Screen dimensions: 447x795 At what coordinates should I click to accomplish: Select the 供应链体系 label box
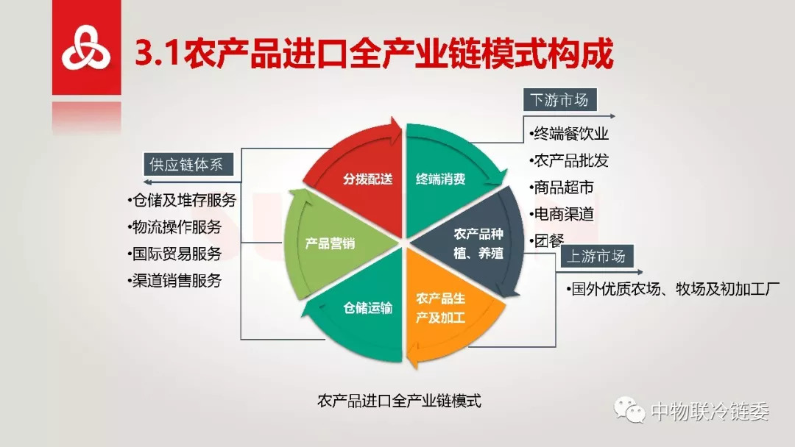click(185, 165)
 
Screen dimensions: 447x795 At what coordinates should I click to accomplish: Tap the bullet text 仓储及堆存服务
click(182, 201)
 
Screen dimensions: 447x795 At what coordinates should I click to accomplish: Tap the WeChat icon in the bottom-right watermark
click(631, 410)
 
